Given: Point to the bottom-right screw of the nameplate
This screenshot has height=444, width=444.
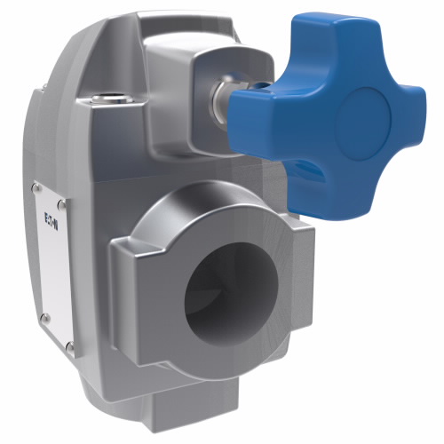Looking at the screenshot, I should point(71,346).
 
